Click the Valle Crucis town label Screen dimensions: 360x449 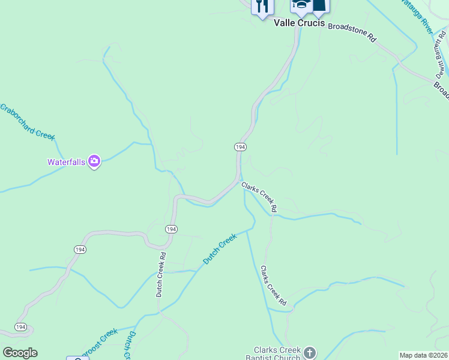(x=299, y=23)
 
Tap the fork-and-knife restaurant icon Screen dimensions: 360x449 (x=262, y=7)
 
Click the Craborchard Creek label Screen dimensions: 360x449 (x=27, y=121)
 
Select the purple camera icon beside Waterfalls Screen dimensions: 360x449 (x=94, y=161)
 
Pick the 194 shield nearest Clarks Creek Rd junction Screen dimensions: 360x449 (x=240, y=147)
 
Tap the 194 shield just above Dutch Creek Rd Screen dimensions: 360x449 (x=170, y=229)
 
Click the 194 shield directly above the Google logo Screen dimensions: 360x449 (x=21, y=327)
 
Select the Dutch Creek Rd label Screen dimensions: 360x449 (x=160, y=274)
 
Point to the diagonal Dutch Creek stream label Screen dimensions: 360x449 (x=220, y=249)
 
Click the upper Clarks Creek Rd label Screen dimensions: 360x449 (x=260, y=197)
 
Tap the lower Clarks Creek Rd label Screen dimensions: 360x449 (x=273, y=284)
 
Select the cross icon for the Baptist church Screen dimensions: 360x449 (x=310, y=352)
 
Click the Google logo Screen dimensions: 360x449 (x=20, y=353)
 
